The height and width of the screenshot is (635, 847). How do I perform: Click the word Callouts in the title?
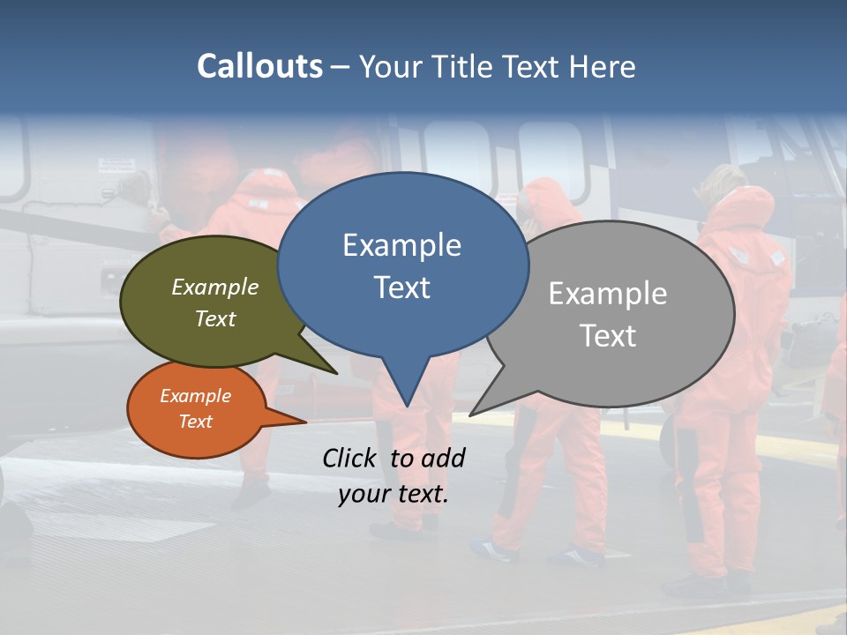pos(259,66)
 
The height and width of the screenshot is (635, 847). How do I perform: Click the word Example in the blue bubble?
pos(401,245)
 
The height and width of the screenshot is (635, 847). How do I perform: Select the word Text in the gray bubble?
pos(608,336)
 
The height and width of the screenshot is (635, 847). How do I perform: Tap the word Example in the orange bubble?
pos(195,396)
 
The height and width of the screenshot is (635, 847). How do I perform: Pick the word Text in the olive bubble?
pos(215,318)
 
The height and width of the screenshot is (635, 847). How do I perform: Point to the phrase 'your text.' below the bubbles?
pos(394,494)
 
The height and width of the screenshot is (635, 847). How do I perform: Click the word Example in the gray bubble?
pos(608,294)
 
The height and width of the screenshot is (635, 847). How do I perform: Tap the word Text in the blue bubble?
pos(402,288)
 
